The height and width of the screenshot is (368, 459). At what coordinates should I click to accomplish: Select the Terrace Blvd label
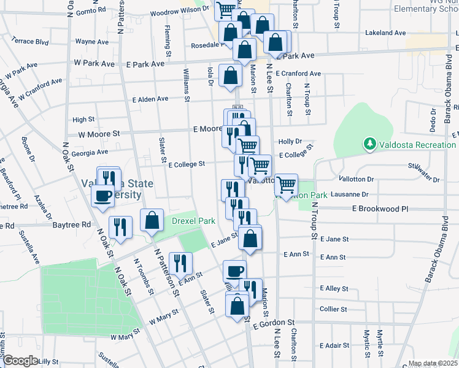click(30, 40)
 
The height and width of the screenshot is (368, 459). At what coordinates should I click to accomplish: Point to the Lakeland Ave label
click(385, 33)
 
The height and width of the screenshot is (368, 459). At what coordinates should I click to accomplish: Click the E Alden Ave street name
click(150, 99)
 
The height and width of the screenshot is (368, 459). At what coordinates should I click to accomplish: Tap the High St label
click(83, 120)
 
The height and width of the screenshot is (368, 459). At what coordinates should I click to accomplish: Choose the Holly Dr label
click(291, 140)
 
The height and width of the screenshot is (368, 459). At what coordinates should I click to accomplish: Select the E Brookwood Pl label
click(380, 209)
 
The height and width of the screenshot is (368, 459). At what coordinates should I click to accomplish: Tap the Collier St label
click(333, 309)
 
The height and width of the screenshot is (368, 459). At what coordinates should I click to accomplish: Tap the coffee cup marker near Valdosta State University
click(102, 196)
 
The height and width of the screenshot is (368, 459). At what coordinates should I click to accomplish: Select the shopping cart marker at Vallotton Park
click(286, 184)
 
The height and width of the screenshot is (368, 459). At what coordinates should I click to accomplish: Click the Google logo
click(20, 361)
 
